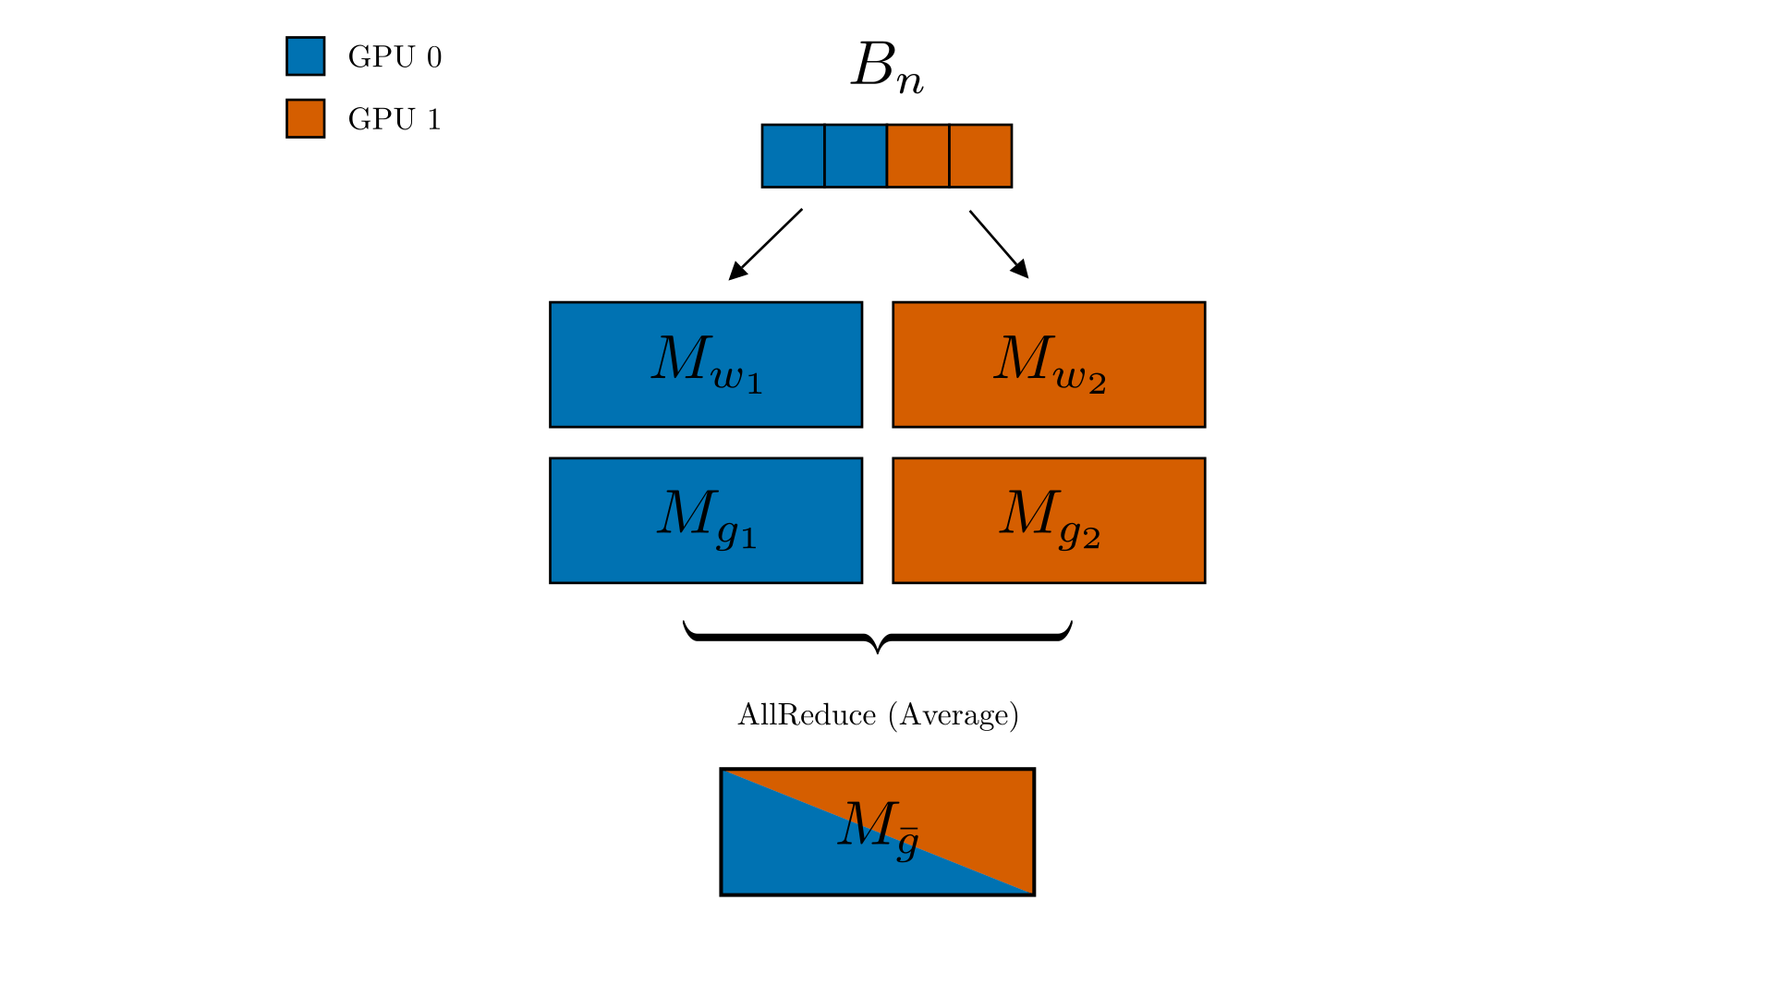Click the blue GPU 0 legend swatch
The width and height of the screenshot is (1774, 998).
(305, 56)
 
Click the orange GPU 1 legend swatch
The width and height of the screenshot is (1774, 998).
(305, 118)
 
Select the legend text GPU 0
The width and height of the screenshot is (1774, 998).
(395, 57)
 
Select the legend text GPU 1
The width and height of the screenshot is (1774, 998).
(395, 119)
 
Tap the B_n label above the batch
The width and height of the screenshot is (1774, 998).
(887, 67)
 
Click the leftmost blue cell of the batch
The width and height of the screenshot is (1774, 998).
(793, 156)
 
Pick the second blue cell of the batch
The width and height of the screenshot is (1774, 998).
(856, 156)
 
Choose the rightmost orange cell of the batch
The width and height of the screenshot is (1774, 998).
(980, 156)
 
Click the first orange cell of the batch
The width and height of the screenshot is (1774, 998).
(918, 156)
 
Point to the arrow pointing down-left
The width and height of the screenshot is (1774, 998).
(765, 245)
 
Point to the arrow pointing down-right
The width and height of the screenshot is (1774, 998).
(999, 245)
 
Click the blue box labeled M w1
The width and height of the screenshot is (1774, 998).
(706, 365)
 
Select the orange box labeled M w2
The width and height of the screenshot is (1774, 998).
(1049, 365)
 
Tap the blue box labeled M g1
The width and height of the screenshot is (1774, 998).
(706, 520)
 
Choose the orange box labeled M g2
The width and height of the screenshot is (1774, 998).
(1049, 520)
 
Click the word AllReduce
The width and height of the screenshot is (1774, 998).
(807, 715)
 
